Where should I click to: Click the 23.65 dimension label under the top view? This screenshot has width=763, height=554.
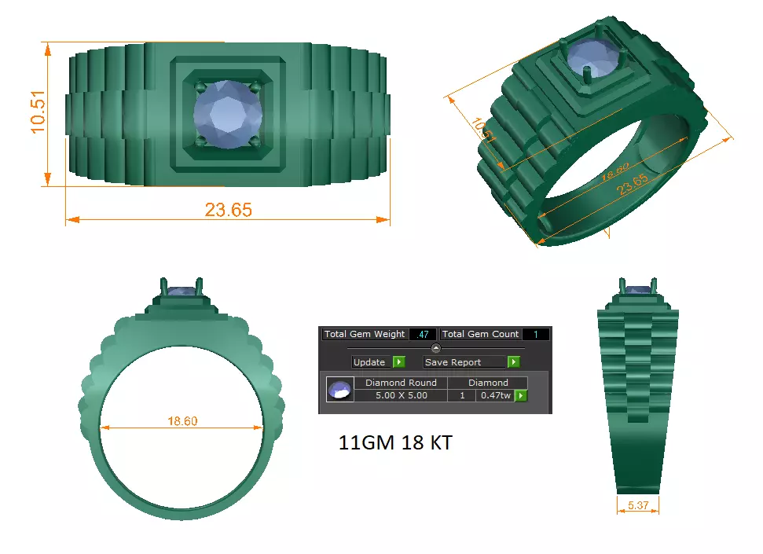[x=228, y=210]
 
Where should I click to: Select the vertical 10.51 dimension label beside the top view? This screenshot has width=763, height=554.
[x=39, y=113]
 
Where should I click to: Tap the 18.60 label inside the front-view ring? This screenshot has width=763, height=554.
[x=182, y=421]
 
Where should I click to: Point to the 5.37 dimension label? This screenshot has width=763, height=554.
[x=638, y=506]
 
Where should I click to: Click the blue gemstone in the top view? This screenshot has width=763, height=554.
[x=227, y=114]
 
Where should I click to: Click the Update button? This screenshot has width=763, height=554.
[x=369, y=362]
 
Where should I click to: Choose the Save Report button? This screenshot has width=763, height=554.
[x=464, y=362]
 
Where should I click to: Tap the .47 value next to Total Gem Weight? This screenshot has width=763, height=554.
[x=424, y=334]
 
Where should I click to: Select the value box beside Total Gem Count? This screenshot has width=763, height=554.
[x=535, y=334]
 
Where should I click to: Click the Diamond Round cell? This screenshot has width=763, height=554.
[x=401, y=383]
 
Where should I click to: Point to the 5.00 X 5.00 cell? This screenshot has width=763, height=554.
[x=401, y=395]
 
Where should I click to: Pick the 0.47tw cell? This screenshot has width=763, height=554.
[x=494, y=395]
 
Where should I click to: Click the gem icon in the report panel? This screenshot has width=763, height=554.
[x=339, y=390]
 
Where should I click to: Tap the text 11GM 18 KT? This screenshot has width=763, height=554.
[x=395, y=443]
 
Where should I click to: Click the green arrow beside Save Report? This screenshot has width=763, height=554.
[x=513, y=362]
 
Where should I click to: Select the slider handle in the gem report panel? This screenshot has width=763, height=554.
[x=436, y=348]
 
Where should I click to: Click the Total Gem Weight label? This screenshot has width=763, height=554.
[x=365, y=334]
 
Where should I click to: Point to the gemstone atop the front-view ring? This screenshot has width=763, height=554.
[x=182, y=292]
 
